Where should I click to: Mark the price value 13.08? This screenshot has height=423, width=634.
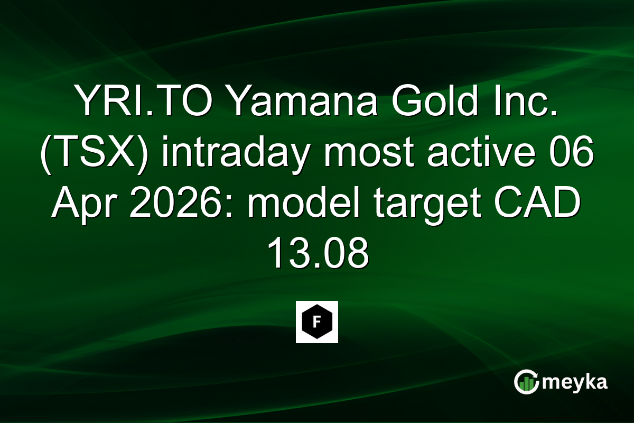click(317, 255)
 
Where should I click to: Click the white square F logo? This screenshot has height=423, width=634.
click(317, 322)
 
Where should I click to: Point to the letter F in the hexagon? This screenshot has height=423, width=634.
click(317, 321)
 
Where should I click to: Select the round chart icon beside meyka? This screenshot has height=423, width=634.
click(526, 382)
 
